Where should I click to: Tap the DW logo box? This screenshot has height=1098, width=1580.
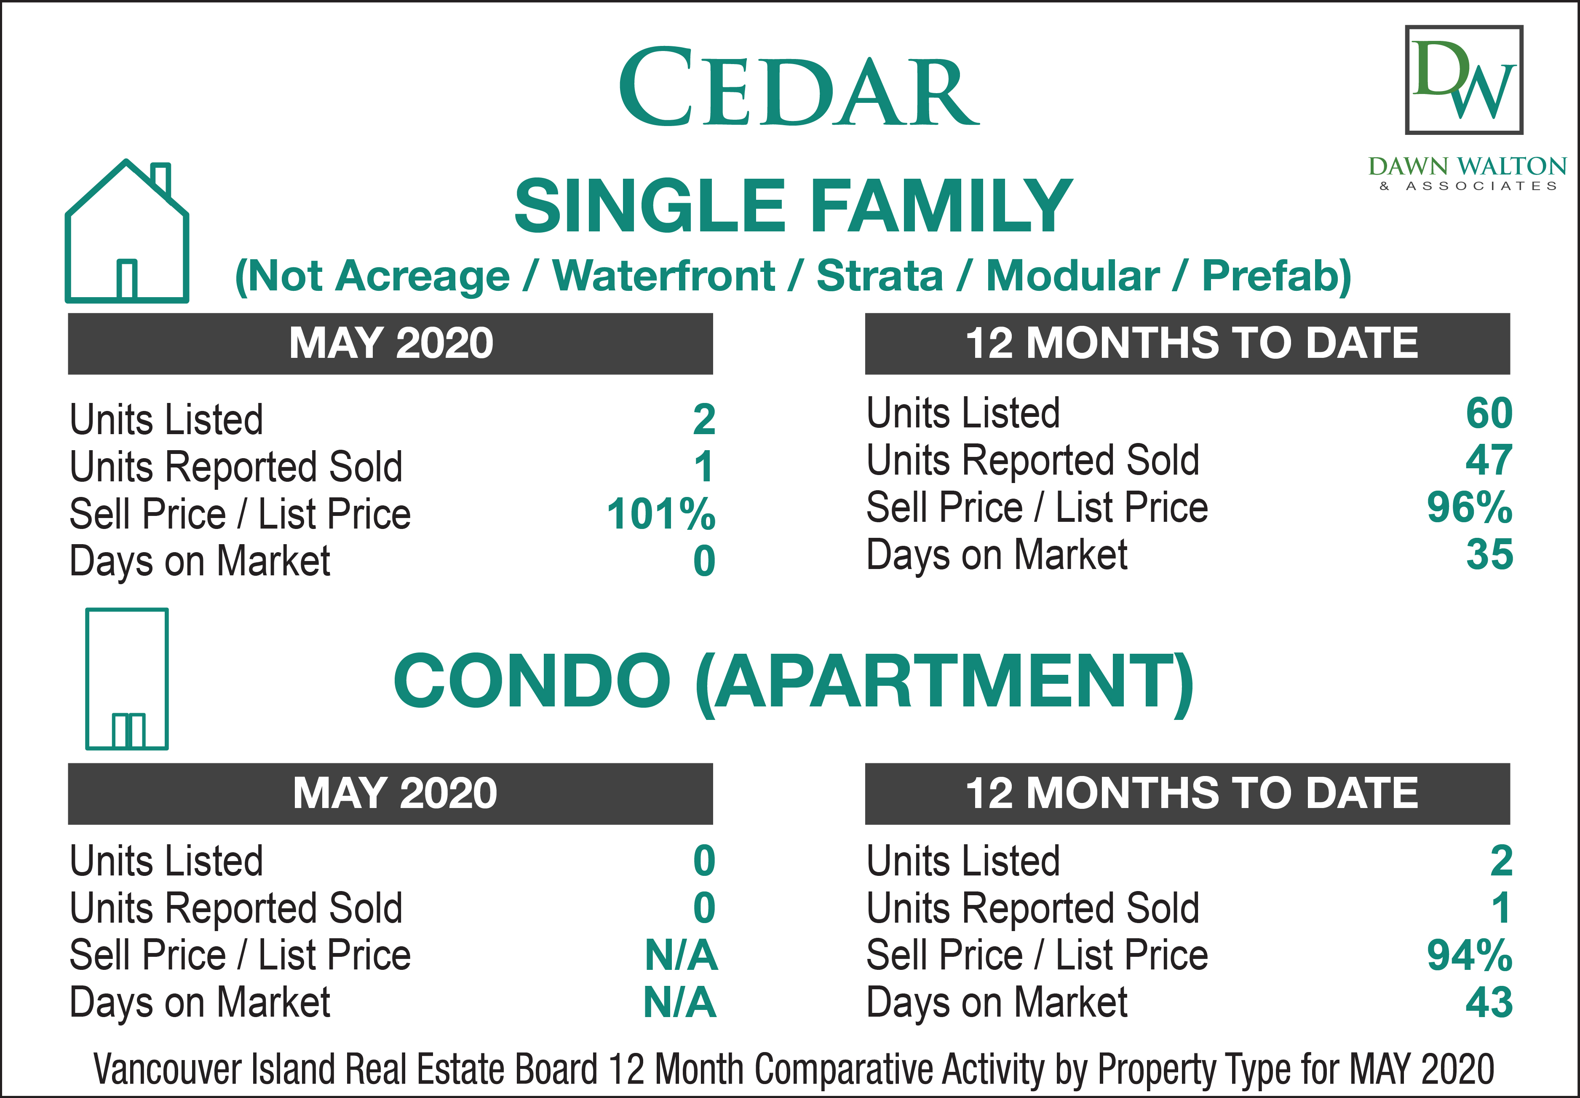click(1464, 80)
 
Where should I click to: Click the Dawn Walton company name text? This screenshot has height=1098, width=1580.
click(1467, 166)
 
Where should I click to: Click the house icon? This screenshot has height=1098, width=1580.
click(127, 231)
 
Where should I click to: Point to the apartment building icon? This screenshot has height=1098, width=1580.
click(127, 679)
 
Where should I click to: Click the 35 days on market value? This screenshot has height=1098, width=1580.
click(1489, 555)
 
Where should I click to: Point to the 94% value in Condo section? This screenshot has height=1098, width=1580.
click(1469, 955)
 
